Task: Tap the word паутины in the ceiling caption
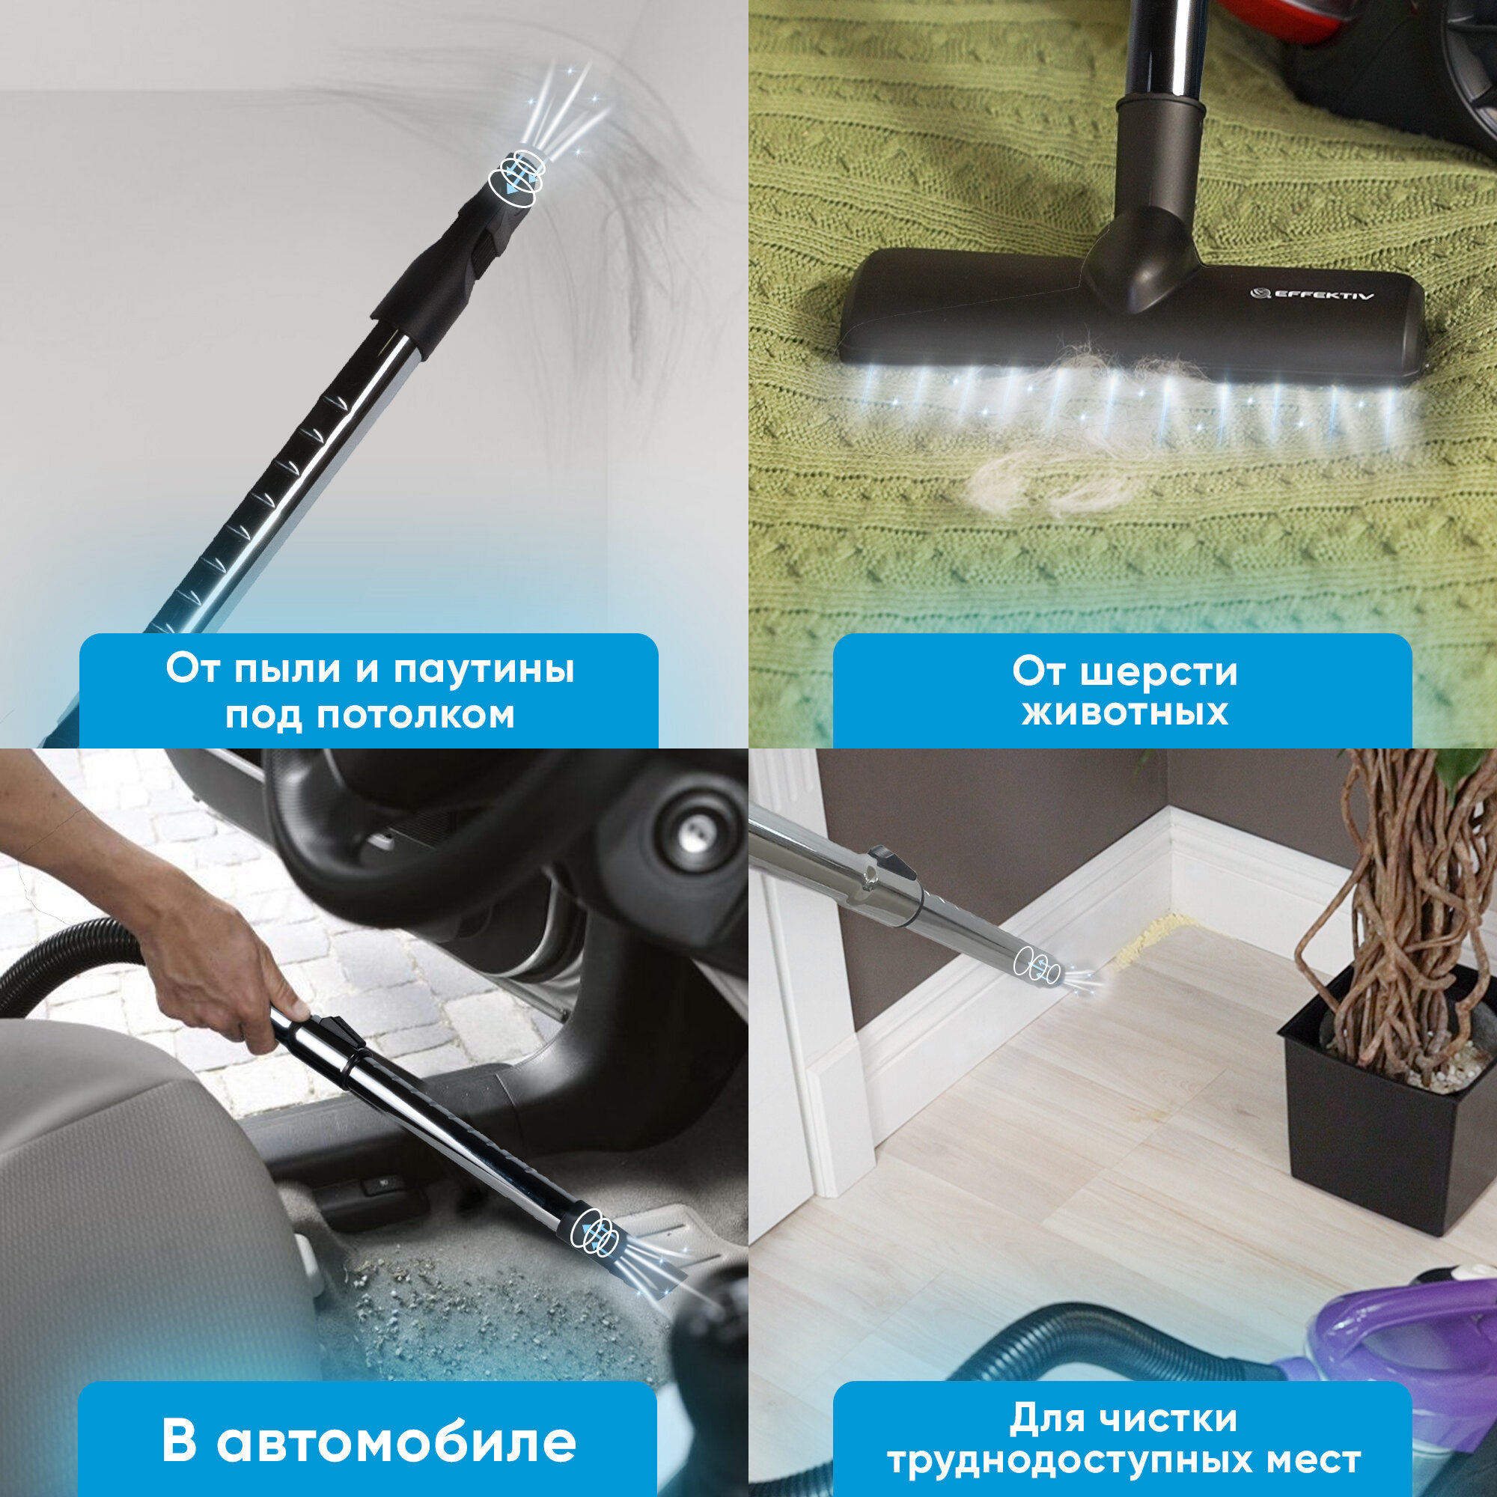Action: coord(484,669)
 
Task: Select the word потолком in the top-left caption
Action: coord(416,714)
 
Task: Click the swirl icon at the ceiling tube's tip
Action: coord(515,175)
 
